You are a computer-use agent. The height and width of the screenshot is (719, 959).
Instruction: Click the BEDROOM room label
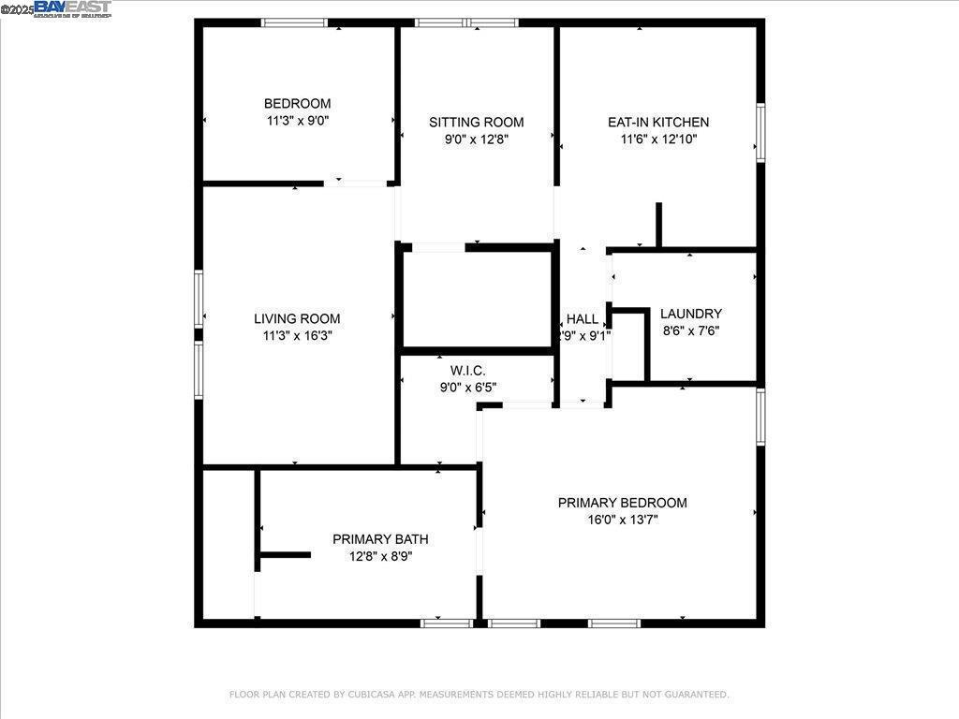297,104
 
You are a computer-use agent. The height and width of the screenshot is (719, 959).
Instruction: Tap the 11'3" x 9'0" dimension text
297,121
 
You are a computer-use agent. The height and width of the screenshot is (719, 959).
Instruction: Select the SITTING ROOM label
477,123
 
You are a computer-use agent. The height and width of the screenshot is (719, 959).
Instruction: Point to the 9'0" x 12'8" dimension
477,139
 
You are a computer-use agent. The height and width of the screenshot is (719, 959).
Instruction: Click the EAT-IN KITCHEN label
658,123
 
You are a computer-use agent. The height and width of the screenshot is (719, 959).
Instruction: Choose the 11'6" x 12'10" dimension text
658,139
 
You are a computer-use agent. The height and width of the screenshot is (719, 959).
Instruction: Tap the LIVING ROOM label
297,318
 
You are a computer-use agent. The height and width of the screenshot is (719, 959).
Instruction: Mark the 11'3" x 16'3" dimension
297,335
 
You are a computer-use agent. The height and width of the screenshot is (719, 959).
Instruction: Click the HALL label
583,319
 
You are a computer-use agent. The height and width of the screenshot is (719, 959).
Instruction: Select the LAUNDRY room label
691,314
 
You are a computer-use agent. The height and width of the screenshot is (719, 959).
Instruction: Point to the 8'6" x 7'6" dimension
691,330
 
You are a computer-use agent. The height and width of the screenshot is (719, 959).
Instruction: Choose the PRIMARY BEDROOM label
623,503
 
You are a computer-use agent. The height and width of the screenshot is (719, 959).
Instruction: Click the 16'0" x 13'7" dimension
623,520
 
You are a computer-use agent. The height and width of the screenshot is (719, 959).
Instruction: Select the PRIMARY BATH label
380,539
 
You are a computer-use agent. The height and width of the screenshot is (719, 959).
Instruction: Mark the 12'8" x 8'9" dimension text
380,556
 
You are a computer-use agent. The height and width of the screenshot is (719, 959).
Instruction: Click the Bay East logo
72,9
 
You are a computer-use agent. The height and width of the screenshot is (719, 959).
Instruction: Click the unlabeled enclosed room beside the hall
477,300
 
